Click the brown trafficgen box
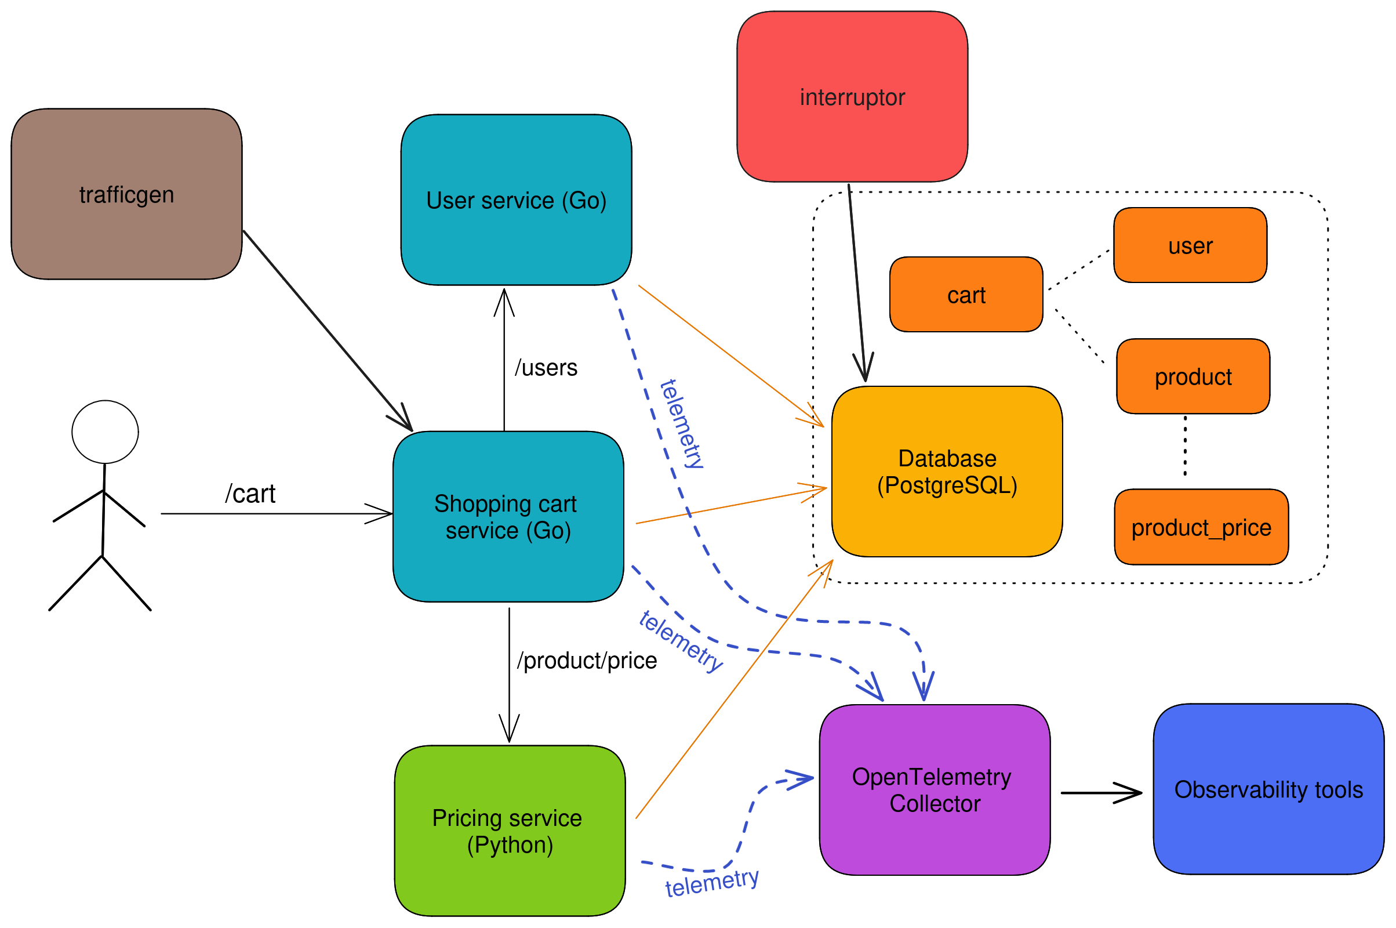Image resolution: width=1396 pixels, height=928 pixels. coord(126,194)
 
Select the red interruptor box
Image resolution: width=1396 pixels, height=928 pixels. coord(852,96)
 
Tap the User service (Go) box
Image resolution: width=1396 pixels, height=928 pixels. coord(516,200)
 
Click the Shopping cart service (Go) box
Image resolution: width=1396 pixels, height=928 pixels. coord(507,517)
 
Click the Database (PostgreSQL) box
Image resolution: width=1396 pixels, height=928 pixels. coord(947,472)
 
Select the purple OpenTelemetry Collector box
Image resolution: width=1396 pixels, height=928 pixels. coord(934,789)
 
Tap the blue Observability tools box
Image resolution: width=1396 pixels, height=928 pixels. coord(1268,789)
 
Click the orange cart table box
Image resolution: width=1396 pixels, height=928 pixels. coord(966,295)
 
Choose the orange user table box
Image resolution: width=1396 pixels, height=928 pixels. coord(1190,245)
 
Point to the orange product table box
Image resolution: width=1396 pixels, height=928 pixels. coord(1193,376)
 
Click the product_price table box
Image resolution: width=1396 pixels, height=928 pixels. coord(1201,527)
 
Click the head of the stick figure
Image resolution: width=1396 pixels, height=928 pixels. coord(106,432)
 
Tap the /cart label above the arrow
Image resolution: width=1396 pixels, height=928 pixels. coord(250,494)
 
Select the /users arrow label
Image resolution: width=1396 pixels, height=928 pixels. coord(546,368)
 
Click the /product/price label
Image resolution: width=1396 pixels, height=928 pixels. coord(586,661)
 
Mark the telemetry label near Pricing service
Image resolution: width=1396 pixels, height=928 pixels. coord(711,882)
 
